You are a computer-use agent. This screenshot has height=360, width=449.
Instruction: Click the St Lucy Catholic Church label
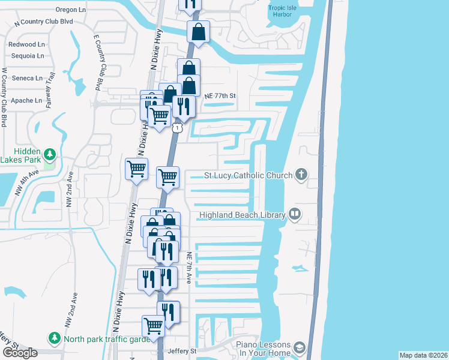(x=248, y=175)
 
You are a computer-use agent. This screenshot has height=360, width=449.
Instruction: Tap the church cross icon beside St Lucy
(x=301, y=175)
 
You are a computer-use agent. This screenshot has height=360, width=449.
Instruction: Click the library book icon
(x=294, y=214)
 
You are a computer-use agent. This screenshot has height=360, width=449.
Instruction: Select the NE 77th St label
(x=221, y=95)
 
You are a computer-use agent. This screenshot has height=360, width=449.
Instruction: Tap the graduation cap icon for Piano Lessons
(x=299, y=348)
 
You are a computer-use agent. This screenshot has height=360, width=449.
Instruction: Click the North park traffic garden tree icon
(x=55, y=339)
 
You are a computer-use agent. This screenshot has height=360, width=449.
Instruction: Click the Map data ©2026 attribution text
(x=423, y=355)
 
